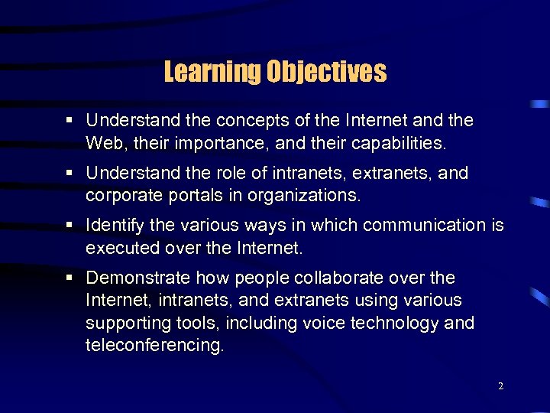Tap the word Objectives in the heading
pos(326,73)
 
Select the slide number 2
pos(500,386)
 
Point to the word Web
pos(104,142)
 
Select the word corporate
pos(121,195)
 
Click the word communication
pos(424,226)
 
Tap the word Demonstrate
pos(139,278)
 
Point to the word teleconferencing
pos(155,345)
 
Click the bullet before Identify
pos(70,226)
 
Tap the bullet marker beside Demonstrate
pos(70,278)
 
